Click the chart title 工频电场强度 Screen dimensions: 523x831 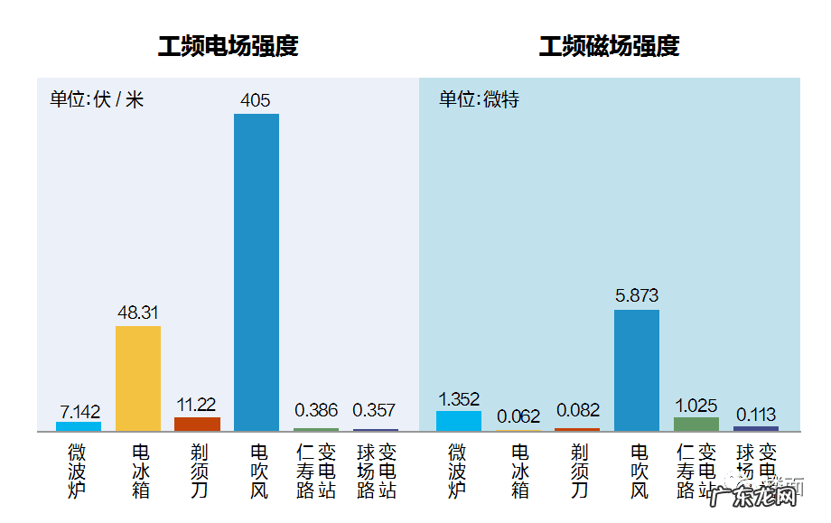(228, 46)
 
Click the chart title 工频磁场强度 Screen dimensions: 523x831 (609, 46)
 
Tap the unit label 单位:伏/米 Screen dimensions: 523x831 (97, 99)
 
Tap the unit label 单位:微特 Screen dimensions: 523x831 (479, 99)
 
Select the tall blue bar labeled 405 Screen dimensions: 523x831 (257, 271)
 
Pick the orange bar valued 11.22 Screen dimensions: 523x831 (197, 424)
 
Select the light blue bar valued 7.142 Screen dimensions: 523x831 (79, 426)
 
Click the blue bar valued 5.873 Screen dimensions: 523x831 (637, 370)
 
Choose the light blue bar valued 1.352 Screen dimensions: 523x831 (459, 421)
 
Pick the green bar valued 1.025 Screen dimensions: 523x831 (696, 424)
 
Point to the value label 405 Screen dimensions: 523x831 (256, 100)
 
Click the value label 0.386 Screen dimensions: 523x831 (316, 410)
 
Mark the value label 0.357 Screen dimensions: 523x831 (375, 410)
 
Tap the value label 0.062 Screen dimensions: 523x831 (518, 416)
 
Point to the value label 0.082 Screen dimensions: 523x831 (578, 410)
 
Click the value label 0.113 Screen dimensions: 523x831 (756, 415)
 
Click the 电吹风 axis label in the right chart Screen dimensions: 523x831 (640, 471)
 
